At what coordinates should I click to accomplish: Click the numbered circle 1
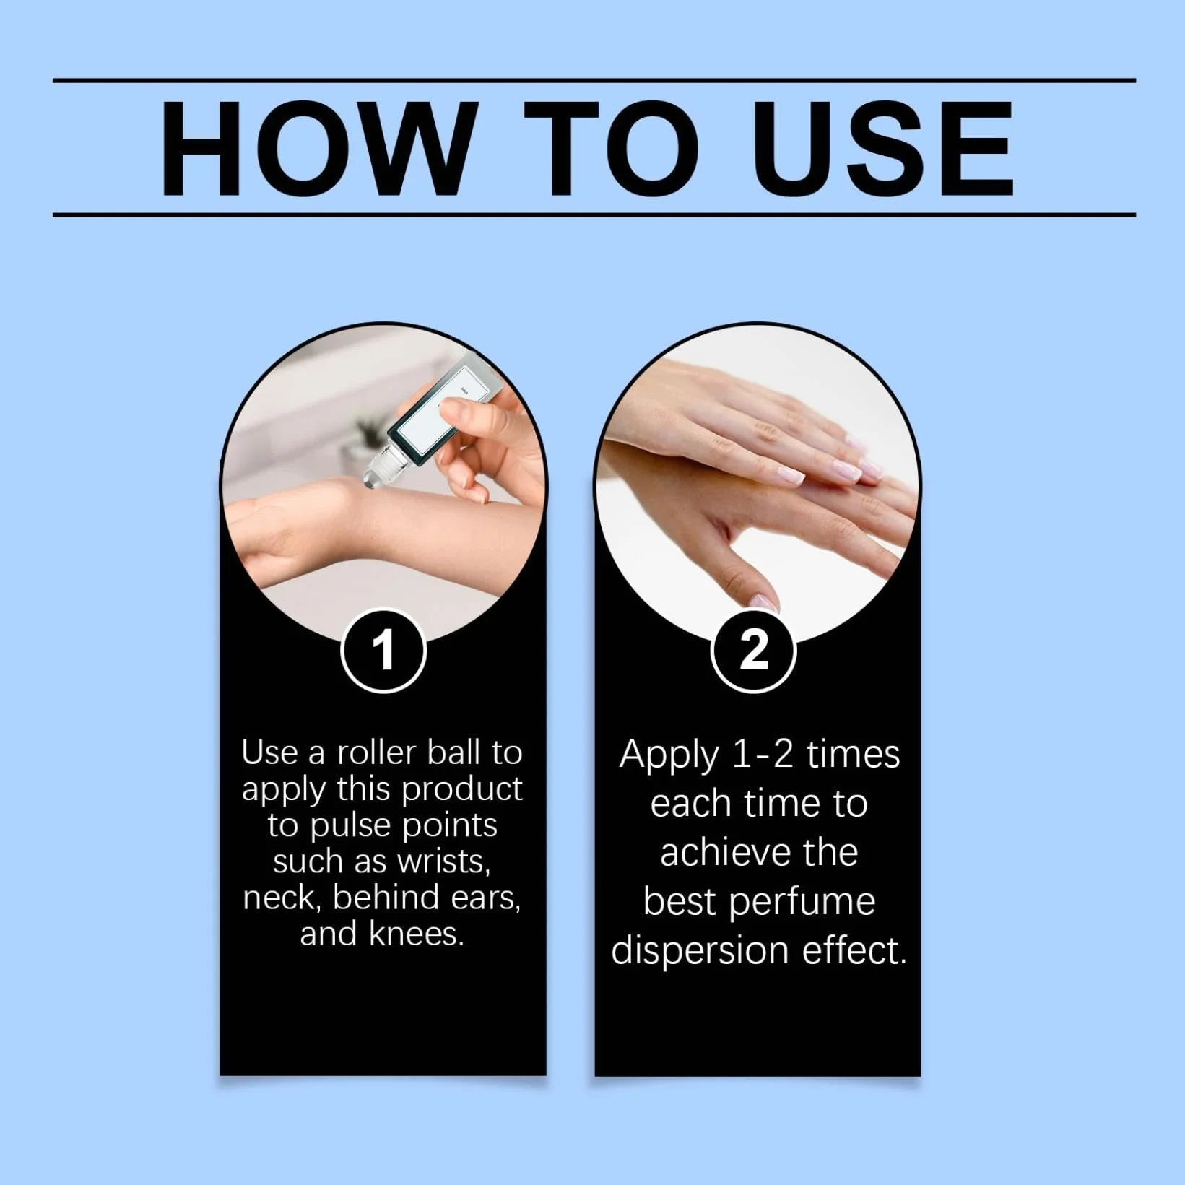click(x=383, y=651)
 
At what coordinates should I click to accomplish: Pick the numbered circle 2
click(x=754, y=651)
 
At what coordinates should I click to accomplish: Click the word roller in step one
click(x=377, y=752)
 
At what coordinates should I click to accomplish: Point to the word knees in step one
click(x=416, y=934)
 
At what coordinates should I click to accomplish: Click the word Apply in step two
click(x=669, y=756)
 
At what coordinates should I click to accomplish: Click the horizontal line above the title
click(x=594, y=80)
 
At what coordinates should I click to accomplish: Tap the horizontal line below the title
click(x=594, y=214)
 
